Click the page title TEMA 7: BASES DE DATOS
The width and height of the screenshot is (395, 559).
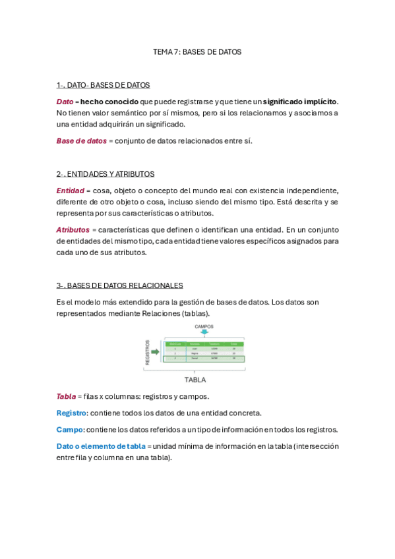(197, 51)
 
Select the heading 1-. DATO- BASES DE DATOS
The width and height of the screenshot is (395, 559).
(103, 85)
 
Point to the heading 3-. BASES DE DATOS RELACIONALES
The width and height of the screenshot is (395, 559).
(119, 285)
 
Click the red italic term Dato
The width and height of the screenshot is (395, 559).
(65, 102)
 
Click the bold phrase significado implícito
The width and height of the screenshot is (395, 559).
(300, 102)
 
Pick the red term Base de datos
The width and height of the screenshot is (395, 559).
(81, 140)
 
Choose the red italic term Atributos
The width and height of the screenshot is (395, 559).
(73, 229)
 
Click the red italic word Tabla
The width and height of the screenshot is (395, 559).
(66, 396)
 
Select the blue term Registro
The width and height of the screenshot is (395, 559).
(72, 413)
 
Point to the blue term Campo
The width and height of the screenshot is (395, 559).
(71, 429)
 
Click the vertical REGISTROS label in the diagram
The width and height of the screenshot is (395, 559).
(148, 352)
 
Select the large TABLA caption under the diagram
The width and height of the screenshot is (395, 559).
(195, 380)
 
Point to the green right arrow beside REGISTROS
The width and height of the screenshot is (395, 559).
(156, 352)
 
